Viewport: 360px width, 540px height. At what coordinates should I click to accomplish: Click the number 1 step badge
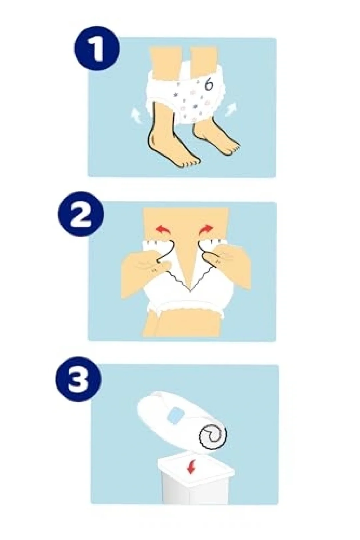point(97,49)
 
